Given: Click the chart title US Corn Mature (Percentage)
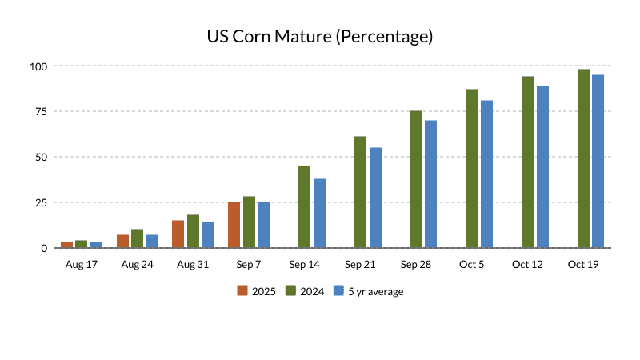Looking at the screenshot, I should pyautogui.click(x=320, y=36).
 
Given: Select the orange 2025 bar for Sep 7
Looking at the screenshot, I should pyautogui.click(x=234, y=225).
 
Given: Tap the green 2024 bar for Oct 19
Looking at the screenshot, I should pyautogui.click(x=583, y=158).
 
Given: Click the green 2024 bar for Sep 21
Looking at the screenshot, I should pyautogui.click(x=360, y=192).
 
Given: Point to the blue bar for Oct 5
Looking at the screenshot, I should pyautogui.click(x=486, y=174).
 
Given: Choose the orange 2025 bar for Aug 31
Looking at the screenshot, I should pyautogui.click(x=178, y=234).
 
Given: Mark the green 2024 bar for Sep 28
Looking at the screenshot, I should pyautogui.click(x=416, y=179).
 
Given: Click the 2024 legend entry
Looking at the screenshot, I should pyautogui.click(x=305, y=291).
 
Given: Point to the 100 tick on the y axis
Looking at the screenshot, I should pyautogui.click(x=39, y=66).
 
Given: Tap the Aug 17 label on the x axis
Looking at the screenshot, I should pyautogui.click(x=81, y=263).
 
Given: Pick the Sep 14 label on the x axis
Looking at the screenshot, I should pyautogui.click(x=305, y=263).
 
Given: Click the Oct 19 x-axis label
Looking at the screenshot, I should pyautogui.click(x=583, y=263).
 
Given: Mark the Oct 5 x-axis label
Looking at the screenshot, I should pyautogui.click(x=472, y=263).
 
